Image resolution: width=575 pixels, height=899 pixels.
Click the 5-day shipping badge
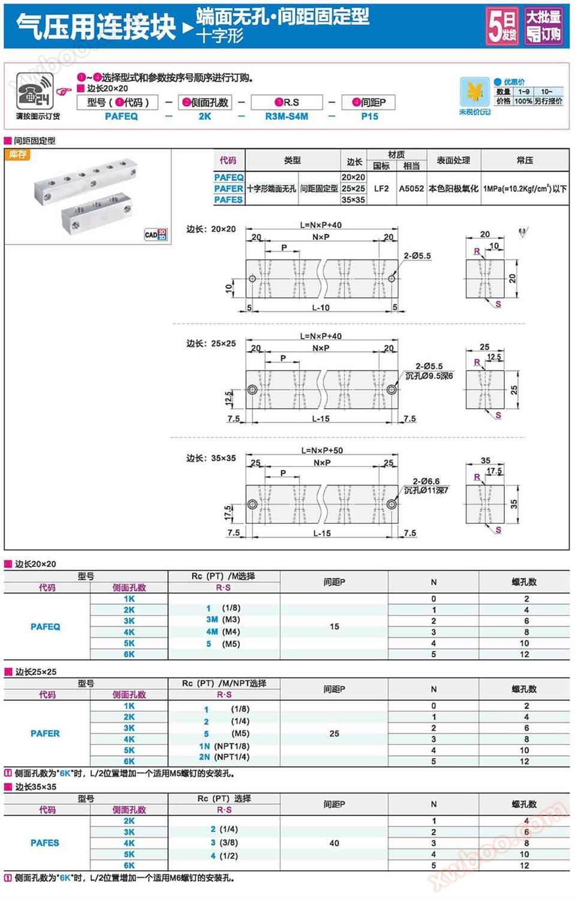pyautogui.click(x=502, y=26)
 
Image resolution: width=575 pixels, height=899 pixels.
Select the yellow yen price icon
pyautogui.click(x=475, y=92)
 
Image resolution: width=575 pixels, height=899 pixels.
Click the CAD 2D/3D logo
pyautogui.click(x=156, y=234)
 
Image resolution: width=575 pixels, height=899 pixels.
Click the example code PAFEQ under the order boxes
pyautogui.click(x=121, y=116)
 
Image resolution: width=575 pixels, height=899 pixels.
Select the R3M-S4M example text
pyautogui.click(x=287, y=116)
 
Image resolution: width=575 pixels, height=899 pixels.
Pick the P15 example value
pyautogui.click(x=369, y=116)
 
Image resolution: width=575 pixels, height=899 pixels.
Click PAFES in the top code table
pyautogui.click(x=228, y=200)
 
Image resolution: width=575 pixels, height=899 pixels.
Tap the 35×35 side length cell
pyautogui.click(x=353, y=200)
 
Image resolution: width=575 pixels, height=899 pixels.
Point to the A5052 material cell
pyautogui.click(x=411, y=188)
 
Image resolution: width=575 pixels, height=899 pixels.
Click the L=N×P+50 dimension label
pyautogui.click(x=322, y=450)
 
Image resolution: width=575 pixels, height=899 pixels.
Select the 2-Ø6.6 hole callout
pyautogui.click(x=426, y=481)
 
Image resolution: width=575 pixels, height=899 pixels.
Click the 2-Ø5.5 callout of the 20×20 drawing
pyautogui.click(x=417, y=255)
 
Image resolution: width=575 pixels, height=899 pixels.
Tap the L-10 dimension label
pyautogui.click(x=321, y=307)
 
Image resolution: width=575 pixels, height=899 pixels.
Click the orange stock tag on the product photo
pyautogui.click(x=17, y=155)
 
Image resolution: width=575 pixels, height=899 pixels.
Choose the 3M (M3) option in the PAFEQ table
pyautogui.click(x=223, y=619)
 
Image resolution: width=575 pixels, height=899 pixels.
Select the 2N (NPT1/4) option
pyautogui.click(x=224, y=757)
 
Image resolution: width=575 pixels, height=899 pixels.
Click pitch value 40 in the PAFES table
pyautogui.click(x=334, y=843)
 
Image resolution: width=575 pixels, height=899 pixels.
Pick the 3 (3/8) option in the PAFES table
pyautogui.click(x=224, y=842)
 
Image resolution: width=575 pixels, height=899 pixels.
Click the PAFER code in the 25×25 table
pyautogui.click(x=45, y=733)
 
